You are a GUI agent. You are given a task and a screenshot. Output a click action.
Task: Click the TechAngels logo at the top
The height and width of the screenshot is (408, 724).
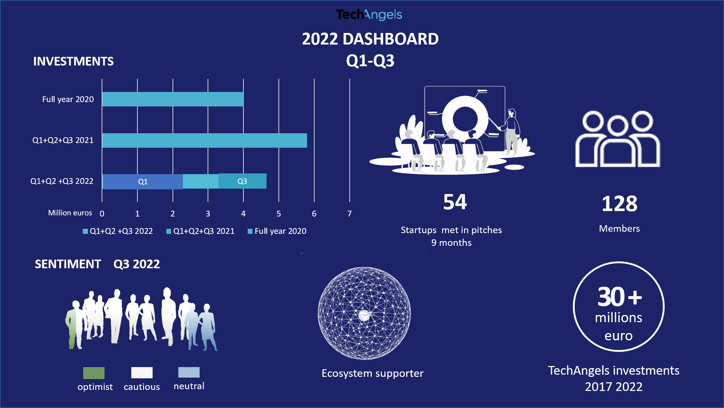(x=369, y=14)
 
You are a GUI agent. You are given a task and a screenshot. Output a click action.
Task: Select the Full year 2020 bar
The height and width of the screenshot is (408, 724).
(x=173, y=99)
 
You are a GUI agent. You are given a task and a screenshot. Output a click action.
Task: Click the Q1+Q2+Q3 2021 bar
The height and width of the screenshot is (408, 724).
(x=204, y=140)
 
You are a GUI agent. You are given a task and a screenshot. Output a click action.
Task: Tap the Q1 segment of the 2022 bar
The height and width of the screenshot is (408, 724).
(x=143, y=181)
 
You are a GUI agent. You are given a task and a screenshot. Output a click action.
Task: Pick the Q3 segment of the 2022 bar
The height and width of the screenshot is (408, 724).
(x=242, y=181)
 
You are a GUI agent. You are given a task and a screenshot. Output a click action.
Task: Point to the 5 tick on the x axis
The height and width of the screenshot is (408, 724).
(x=278, y=214)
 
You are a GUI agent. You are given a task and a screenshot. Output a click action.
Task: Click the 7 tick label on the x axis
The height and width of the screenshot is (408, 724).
(x=349, y=214)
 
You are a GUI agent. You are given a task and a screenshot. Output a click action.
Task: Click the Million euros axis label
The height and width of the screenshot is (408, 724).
(x=70, y=213)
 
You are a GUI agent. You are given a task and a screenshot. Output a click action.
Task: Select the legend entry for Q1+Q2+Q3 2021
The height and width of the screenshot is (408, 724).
(x=200, y=231)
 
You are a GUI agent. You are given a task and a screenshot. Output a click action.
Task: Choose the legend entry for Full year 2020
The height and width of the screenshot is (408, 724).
(x=277, y=231)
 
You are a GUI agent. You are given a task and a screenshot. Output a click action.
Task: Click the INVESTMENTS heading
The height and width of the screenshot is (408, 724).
(x=73, y=61)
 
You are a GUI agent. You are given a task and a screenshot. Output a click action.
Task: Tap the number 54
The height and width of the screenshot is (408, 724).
(x=455, y=202)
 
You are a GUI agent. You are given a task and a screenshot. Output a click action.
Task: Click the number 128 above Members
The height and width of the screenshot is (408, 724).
(x=619, y=203)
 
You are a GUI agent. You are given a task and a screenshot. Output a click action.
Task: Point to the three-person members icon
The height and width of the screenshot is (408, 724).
(x=618, y=139)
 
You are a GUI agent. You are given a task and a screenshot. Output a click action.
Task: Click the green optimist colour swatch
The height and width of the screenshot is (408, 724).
(x=94, y=373)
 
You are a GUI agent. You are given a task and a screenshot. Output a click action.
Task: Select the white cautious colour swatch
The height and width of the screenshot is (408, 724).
(x=142, y=373)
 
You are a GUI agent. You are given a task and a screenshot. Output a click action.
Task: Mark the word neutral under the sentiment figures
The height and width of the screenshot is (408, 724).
(x=189, y=386)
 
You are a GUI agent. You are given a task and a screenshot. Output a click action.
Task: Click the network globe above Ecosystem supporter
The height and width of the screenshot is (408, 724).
(x=364, y=313)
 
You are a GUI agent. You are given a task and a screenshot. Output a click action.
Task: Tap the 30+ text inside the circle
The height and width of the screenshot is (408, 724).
(x=619, y=297)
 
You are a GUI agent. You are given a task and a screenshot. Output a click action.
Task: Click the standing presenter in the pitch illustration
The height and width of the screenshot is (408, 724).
(x=511, y=130)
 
